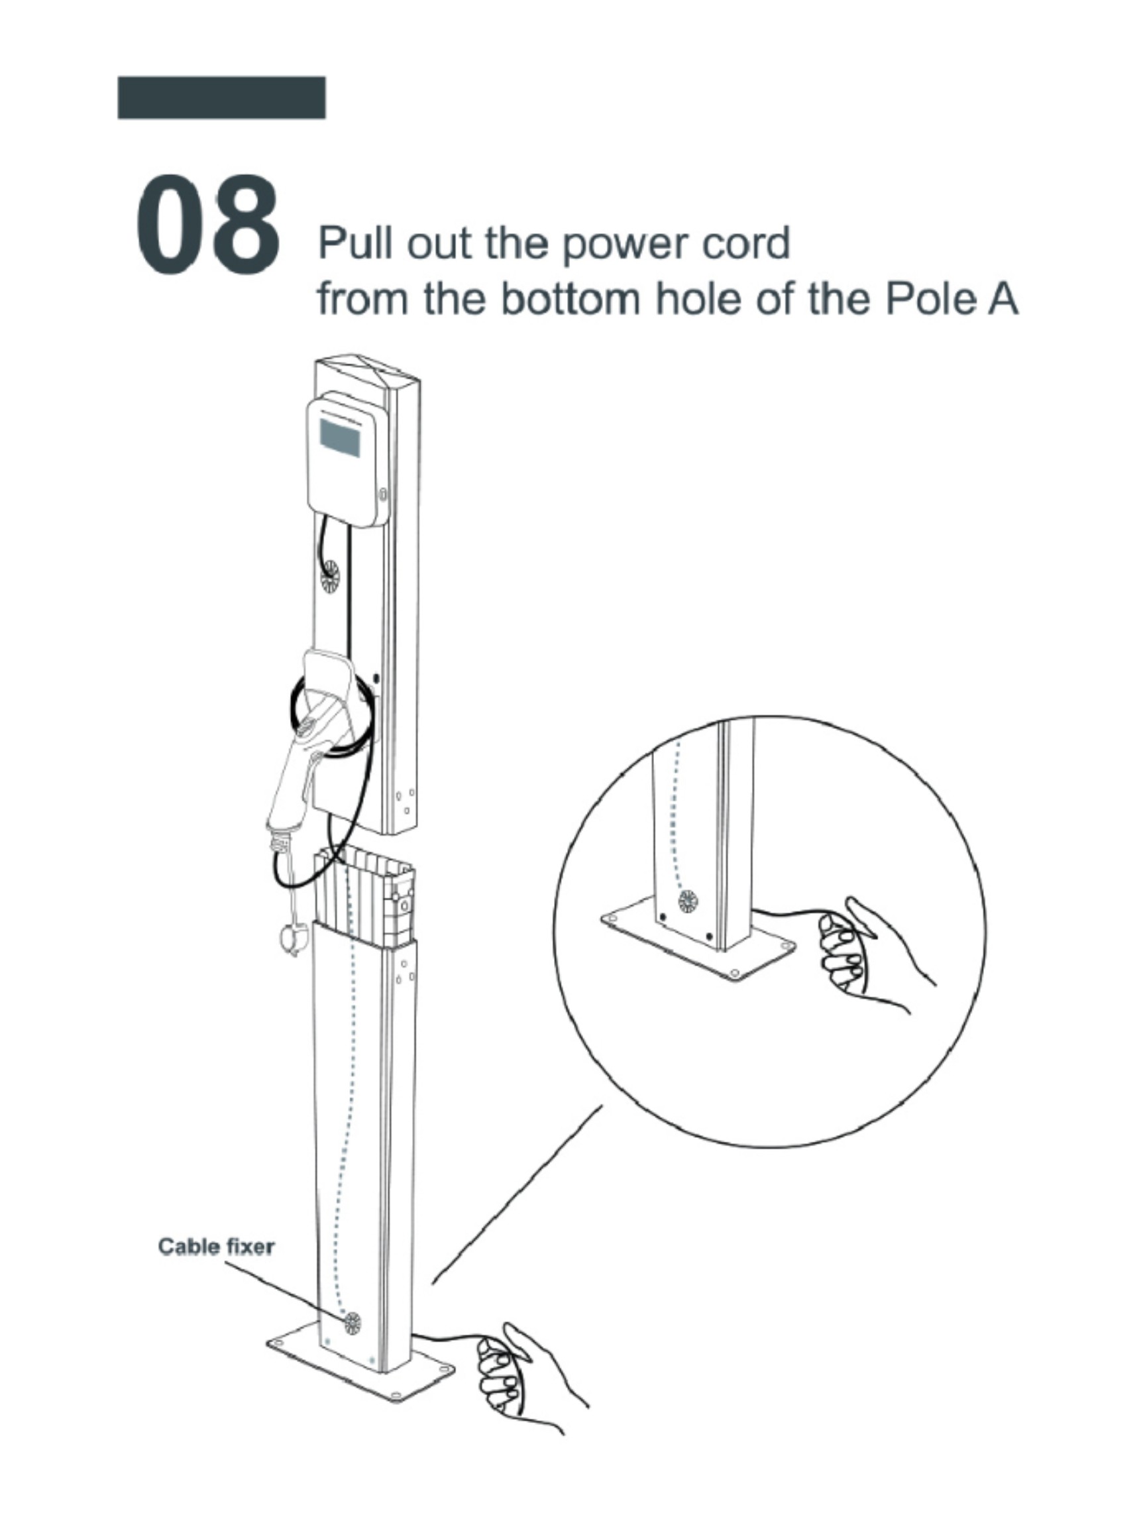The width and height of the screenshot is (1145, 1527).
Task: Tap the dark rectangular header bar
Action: point(221,97)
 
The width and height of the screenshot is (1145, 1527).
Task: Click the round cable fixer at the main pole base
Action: point(352,1323)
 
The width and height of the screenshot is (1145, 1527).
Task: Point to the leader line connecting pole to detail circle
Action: point(517,1195)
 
